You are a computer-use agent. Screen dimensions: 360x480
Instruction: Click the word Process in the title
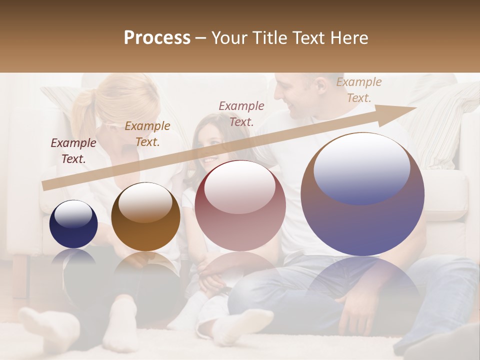point(157,38)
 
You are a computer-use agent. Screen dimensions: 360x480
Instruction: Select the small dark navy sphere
point(73,224)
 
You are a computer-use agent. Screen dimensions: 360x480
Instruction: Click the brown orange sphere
point(145,216)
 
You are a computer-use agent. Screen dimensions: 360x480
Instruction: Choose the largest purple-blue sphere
point(362,194)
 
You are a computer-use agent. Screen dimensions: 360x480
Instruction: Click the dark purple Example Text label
point(73,151)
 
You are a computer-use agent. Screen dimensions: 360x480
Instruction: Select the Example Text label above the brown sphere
point(147,134)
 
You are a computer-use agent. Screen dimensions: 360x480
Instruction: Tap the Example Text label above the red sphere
point(241,114)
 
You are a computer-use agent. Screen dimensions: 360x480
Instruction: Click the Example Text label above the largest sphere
point(359,90)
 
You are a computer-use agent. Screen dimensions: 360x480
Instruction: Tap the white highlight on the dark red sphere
point(239,186)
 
